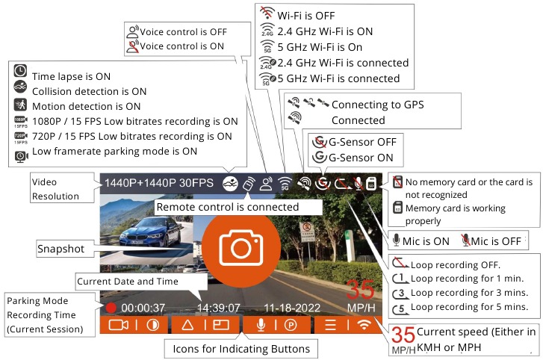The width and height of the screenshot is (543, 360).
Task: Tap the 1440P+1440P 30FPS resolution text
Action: click(x=158, y=182)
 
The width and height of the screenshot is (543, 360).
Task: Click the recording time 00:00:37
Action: click(x=144, y=307)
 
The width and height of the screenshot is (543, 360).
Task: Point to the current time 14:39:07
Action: click(x=218, y=307)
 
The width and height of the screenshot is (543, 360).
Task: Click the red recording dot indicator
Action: click(x=111, y=307)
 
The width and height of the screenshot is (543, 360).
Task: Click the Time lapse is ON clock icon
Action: click(x=20, y=75)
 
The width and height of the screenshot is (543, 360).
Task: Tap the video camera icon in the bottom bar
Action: click(x=119, y=325)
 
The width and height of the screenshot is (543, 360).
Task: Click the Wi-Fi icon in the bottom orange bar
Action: click(x=364, y=325)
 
